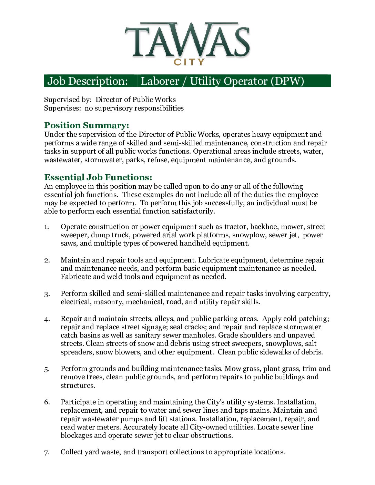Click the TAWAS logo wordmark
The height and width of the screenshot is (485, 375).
(x=187, y=40)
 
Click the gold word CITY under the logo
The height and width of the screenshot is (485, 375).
(x=189, y=62)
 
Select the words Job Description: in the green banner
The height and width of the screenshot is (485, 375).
(x=88, y=81)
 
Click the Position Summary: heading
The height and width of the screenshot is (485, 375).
(x=87, y=125)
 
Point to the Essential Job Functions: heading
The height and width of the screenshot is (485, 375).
(x=98, y=177)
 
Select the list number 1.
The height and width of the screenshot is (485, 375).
(x=46, y=227)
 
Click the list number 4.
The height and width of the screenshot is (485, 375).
(x=47, y=319)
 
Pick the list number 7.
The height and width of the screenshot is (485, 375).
(x=47, y=452)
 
